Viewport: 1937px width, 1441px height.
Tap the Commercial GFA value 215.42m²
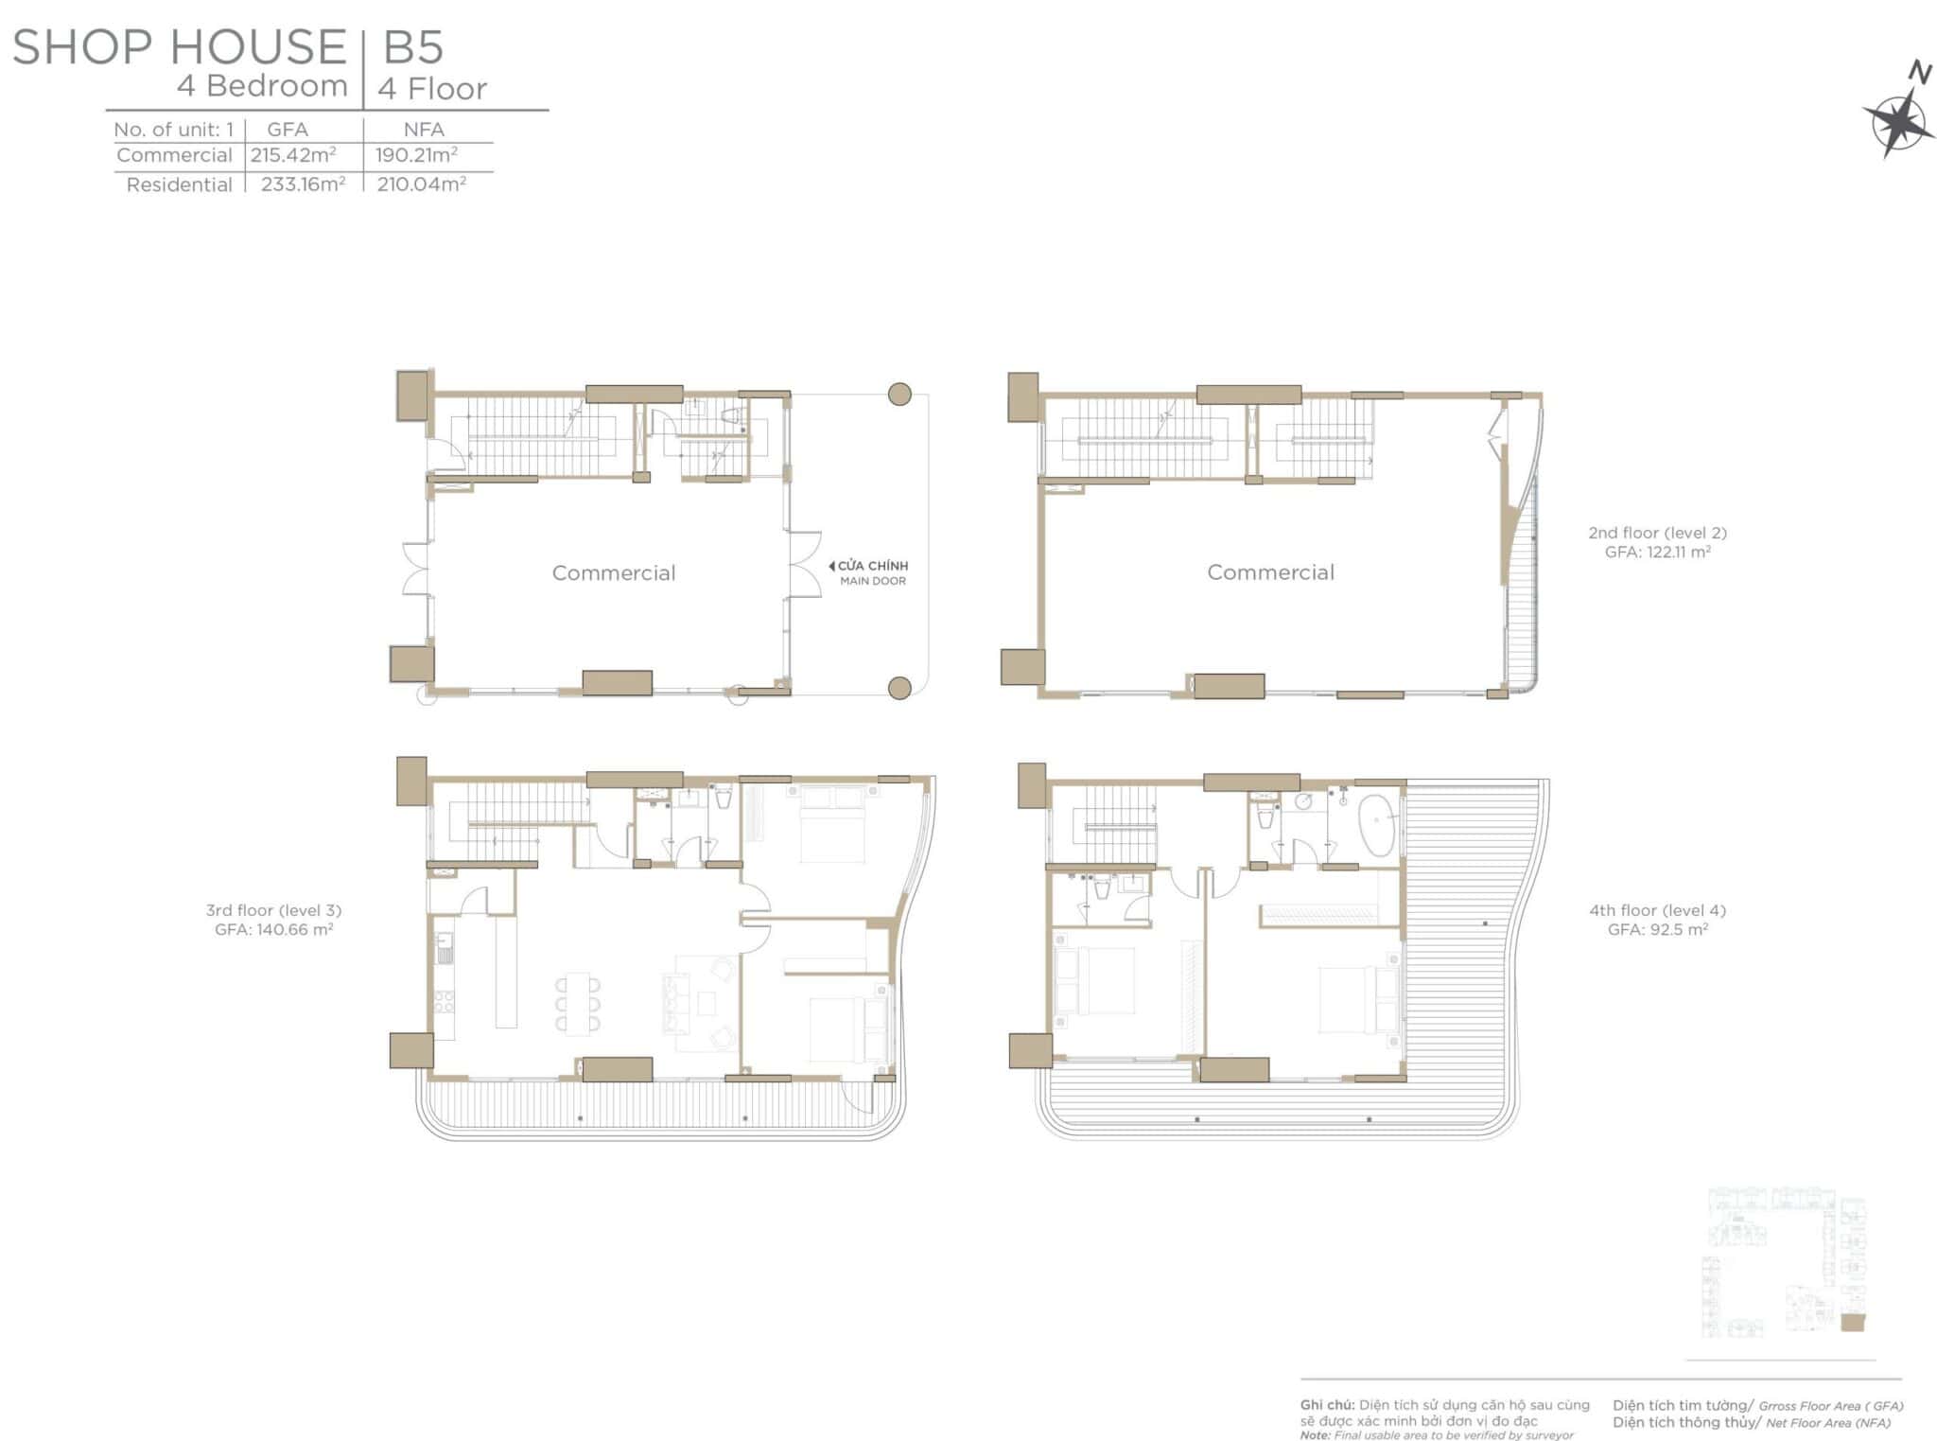click(293, 155)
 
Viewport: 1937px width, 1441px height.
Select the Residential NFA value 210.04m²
click(421, 184)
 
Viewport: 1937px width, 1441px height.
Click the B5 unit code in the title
click(413, 47)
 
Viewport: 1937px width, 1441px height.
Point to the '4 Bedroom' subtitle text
click(262, 86)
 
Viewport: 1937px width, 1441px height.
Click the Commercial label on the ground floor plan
click(614, 572)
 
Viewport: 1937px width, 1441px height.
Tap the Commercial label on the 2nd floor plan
click(1270, 571)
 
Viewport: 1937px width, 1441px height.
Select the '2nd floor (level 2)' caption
click(1657, 533)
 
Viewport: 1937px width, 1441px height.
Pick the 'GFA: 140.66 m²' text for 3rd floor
click(273, 929)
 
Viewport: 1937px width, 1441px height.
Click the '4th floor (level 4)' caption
click(1657, 910)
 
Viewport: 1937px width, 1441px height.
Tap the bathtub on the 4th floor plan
click(1376, 825)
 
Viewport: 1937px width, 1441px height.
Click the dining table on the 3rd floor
click(577, 1002)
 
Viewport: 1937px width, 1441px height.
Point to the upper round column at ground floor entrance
click(899, 394)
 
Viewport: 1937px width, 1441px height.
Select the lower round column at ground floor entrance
click(899, 688)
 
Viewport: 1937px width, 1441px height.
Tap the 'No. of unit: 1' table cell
click(173, 130)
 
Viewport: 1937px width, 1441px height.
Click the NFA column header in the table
click(424, 130)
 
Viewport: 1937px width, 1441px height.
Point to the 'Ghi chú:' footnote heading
click(1327, 1405)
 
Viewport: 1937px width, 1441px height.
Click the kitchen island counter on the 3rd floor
click(506, 971)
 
